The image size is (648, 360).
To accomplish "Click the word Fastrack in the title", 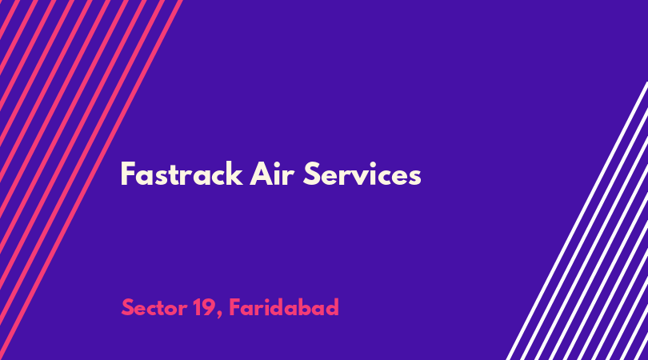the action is (x=182, y=174).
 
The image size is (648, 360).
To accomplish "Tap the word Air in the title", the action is (x=272, y=174).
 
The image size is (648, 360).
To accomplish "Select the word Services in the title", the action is (x=362, y=174).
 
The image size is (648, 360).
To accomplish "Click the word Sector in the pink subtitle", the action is (x=154, y=308).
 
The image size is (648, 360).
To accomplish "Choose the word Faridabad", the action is (x=284, y=307).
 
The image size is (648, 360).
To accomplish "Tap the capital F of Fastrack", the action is (x=128, y=174).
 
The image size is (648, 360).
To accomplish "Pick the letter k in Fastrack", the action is (x=234, y=174).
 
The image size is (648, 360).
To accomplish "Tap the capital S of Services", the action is (x=312, y=174).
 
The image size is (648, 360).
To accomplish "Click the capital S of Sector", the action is (x=128, y=308).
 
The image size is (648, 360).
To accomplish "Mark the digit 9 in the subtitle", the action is (x=207, y=308).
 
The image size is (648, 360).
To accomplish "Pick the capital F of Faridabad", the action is (x=234, y=307).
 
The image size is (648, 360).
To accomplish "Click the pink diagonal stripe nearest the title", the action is (x=90, y=180).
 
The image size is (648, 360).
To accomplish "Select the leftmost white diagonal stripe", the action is (x=578, y=221).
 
